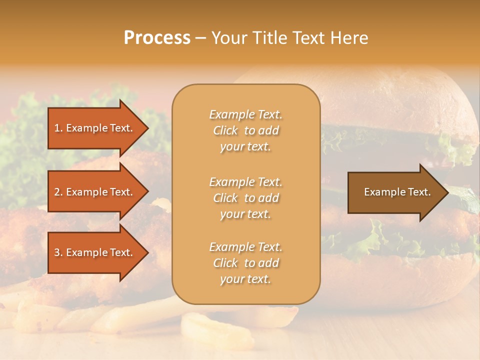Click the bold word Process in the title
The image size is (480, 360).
click(157, 38)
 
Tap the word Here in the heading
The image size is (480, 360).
click(349, 38)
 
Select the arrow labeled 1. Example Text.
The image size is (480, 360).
click(95, 128)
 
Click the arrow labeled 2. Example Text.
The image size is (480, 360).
click(95, 192)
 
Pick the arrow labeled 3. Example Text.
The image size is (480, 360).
click(95, 252)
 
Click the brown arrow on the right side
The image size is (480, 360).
click(395, 192)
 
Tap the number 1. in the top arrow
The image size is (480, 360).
click(58, 128)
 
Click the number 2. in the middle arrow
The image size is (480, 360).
click(58, 192)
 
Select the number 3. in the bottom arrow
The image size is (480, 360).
click(58, 252)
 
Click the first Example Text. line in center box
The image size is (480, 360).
click(245, 114)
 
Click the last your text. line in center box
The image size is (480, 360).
click(245, 279)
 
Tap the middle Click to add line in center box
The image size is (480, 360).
click(245, 198)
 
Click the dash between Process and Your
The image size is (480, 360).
click(200, 38)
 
